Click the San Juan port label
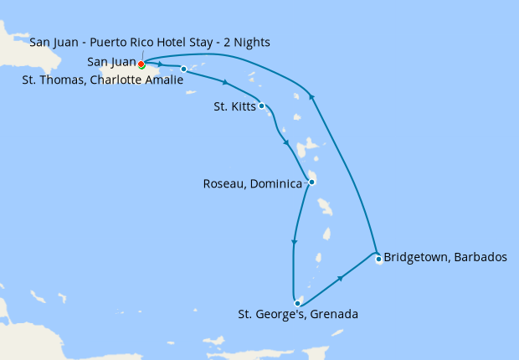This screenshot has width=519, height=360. pyautogui.click(x=111, y=62)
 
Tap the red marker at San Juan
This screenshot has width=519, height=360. pyautogui.click(x=141, y=64)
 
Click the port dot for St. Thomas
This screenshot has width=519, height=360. pyautogui.click(x=183, y=69)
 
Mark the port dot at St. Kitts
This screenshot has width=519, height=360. pyautogui.click(x=262, y=105)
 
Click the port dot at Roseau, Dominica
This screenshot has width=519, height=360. pyautogui.click(x=311, y=182)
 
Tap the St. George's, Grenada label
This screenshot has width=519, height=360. pyautogui.click(x=298, y=315)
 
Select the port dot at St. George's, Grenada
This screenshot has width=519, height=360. pyautogui.click(x=297, y=303)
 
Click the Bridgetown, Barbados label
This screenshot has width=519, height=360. pyautogui.click(x=444, y=258)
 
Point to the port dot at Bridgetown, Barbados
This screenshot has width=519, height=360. pyautogui.click(x=378, y=259)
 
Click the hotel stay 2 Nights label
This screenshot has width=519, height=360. pyautogui.click(x=149, y=43)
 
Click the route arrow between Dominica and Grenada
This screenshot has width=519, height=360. pyautogui.click(x=293, y=244)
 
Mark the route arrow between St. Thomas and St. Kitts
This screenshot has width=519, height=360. pyautogui.click(x=225, y=82)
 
